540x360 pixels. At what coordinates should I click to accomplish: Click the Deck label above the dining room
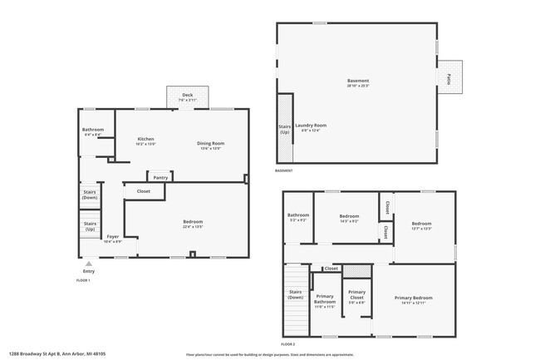(x=187, y=96)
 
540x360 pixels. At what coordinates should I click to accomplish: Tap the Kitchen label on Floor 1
(x=145, y=139)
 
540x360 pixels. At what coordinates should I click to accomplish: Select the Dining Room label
(x=210, y=143)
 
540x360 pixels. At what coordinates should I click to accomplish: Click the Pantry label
(x=160, y=177)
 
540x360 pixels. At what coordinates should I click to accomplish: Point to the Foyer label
(x=112, y=237)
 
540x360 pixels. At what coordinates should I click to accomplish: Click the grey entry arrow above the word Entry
(x=89, y=264)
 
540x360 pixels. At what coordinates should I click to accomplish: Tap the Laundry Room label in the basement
(x=311, y=126)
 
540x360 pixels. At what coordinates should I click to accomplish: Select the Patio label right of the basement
(x=449, y=78)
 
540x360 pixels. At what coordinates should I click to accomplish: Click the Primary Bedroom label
(x=413, y=298)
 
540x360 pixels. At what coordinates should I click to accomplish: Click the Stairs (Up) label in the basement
(x=285, y=131)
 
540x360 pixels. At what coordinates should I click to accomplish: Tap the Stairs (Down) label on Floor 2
(x=295, y=293)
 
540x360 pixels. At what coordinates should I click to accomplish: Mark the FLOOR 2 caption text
(x=288, y=343)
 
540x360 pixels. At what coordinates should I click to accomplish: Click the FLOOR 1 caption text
(x=83, y=280)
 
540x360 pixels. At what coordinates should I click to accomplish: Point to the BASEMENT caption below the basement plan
(x=284, y=170)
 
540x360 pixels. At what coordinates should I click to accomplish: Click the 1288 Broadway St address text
(x=57, y=353)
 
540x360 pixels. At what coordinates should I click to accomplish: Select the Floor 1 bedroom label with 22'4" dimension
(x=193, y=222)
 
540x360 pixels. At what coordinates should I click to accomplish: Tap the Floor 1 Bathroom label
(x=92, y=130)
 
